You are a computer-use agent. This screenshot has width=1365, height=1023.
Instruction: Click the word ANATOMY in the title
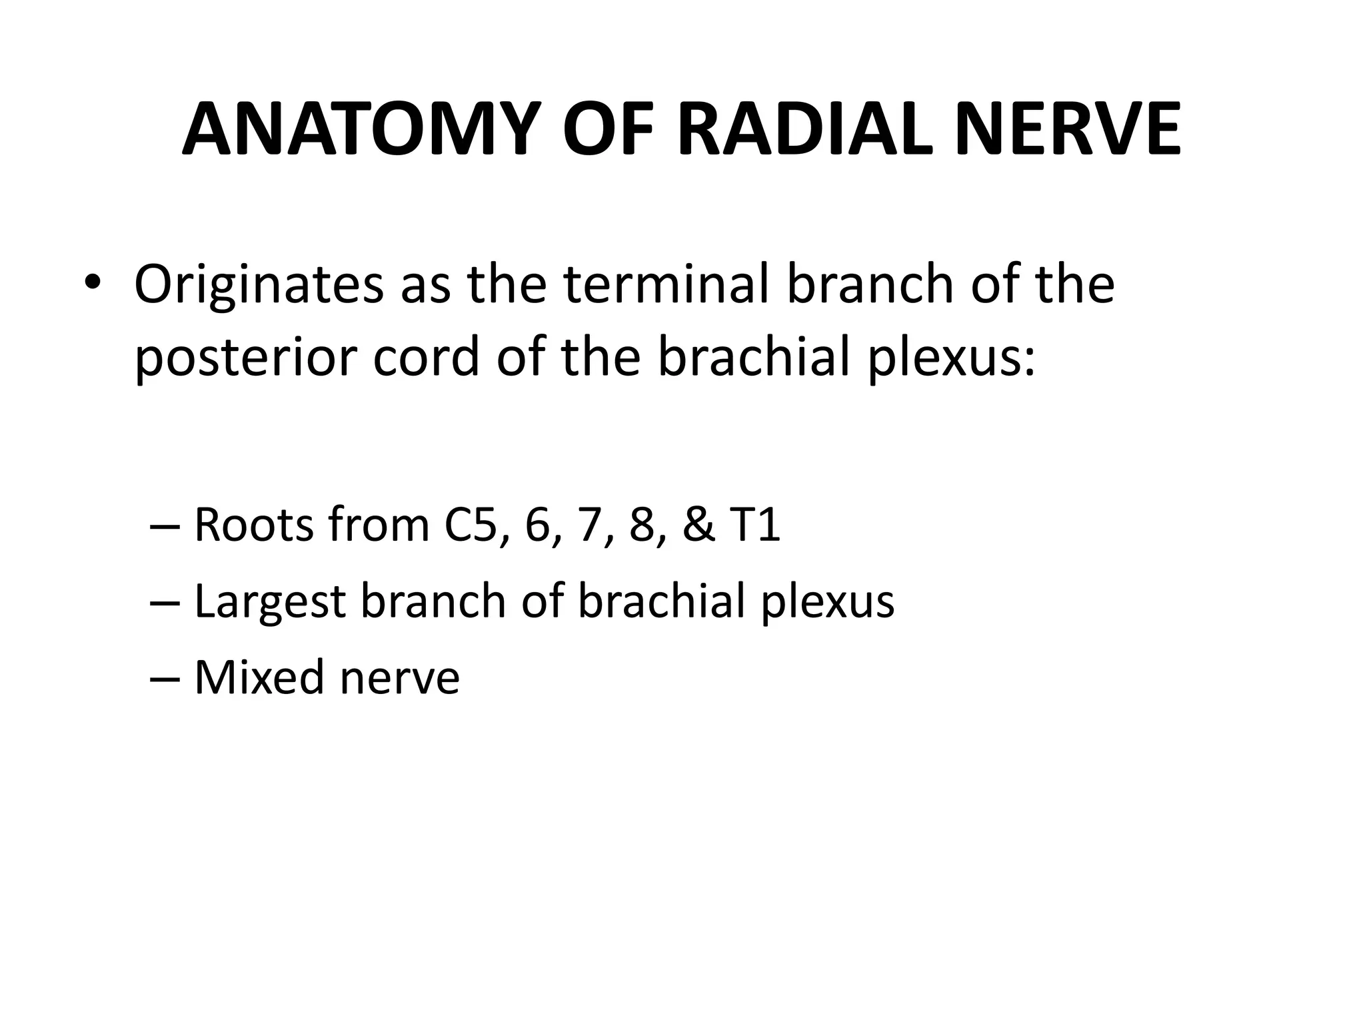coord(360,130)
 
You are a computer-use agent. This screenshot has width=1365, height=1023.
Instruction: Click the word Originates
coord(259,285)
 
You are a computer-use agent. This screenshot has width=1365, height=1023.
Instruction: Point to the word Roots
coord(253,525)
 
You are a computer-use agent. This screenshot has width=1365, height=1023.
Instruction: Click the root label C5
coord(471,525)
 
